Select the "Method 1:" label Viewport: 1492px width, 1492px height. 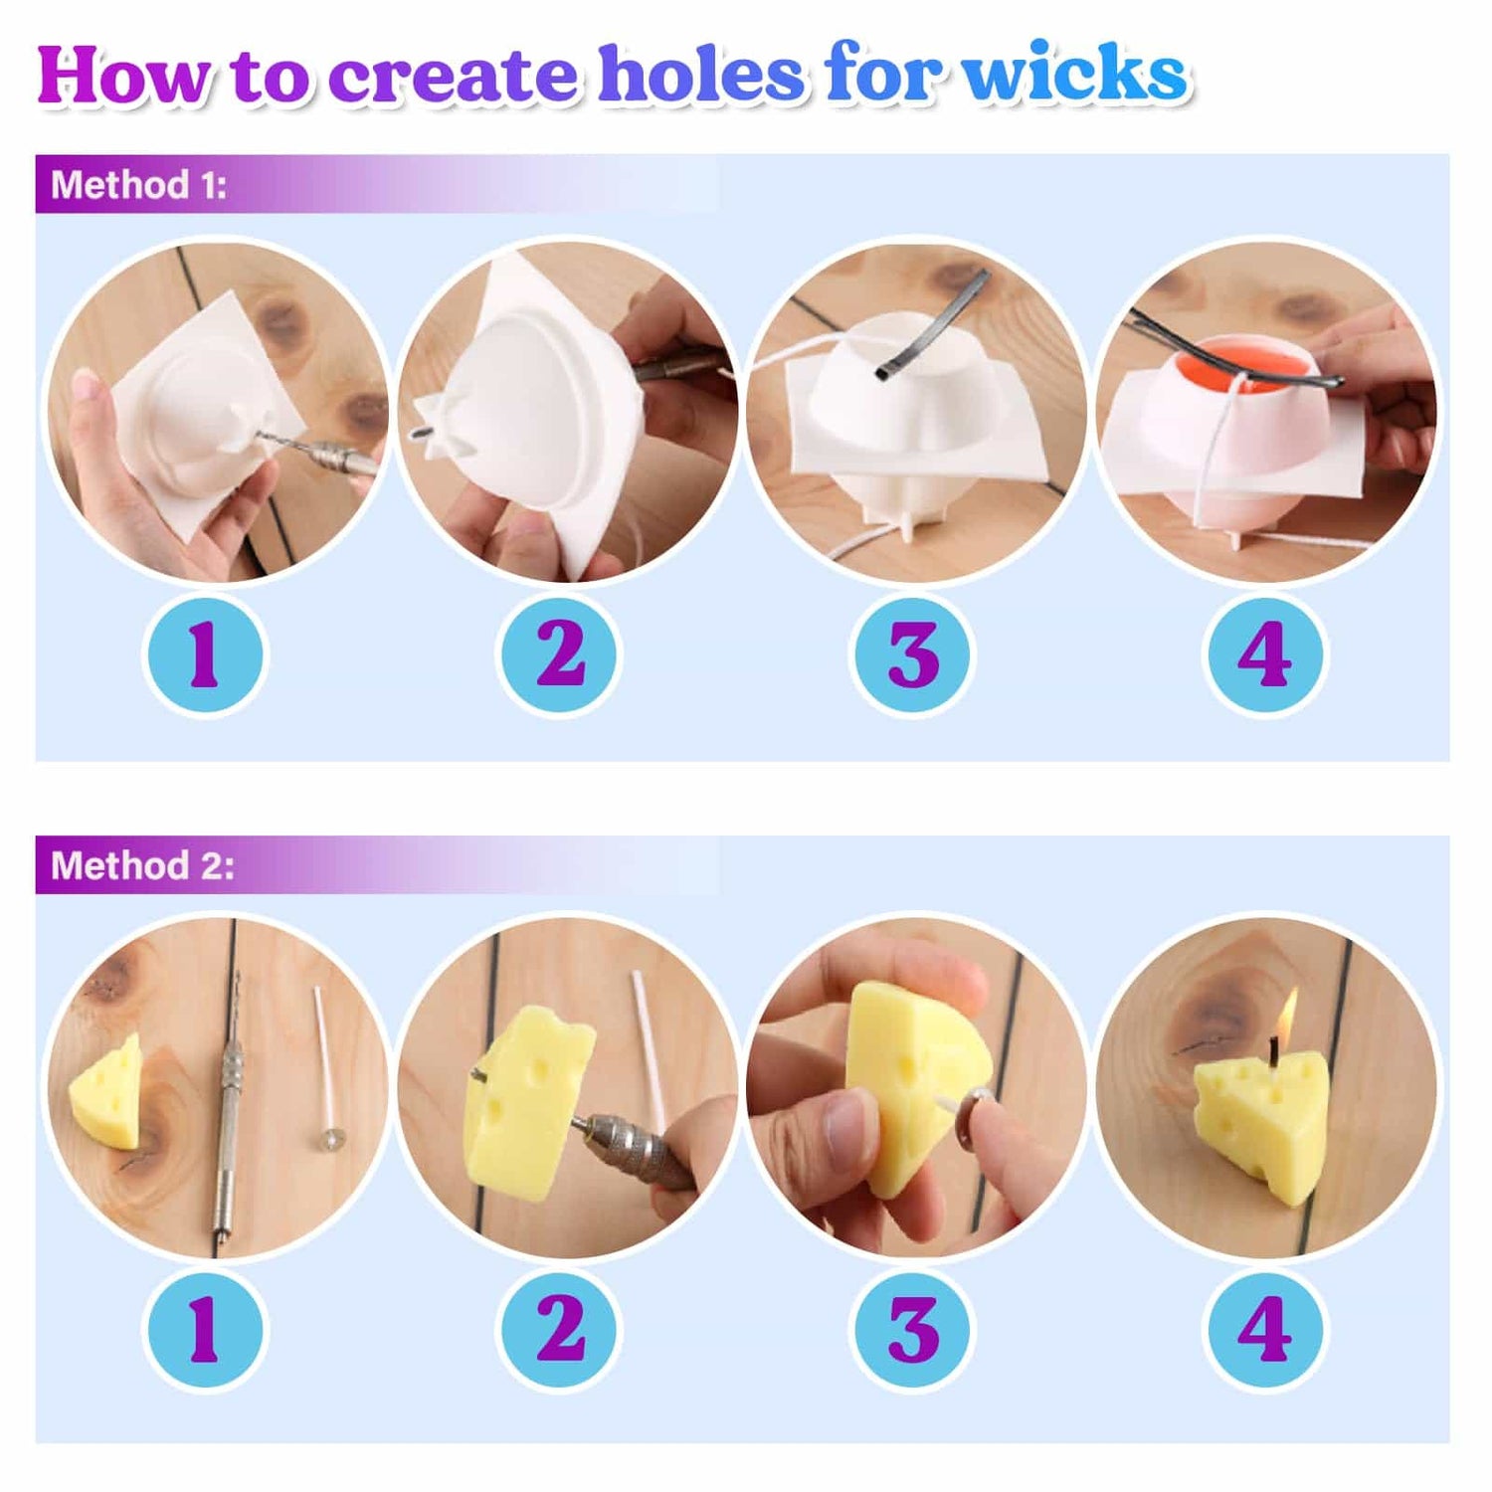point(138,185)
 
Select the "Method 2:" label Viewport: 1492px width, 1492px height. point(142,865)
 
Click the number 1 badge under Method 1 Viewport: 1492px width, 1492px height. point(205,654)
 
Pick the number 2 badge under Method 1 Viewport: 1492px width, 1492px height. point(559,654)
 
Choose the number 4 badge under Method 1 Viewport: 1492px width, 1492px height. point(1265,654)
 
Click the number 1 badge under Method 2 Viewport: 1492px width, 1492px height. point(205,1330)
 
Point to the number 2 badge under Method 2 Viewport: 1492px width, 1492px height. point(559,1330)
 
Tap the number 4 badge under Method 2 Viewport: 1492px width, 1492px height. point(1265,1330)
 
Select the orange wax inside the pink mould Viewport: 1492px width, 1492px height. point(1255,365)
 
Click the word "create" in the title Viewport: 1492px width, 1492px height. point(453,76)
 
